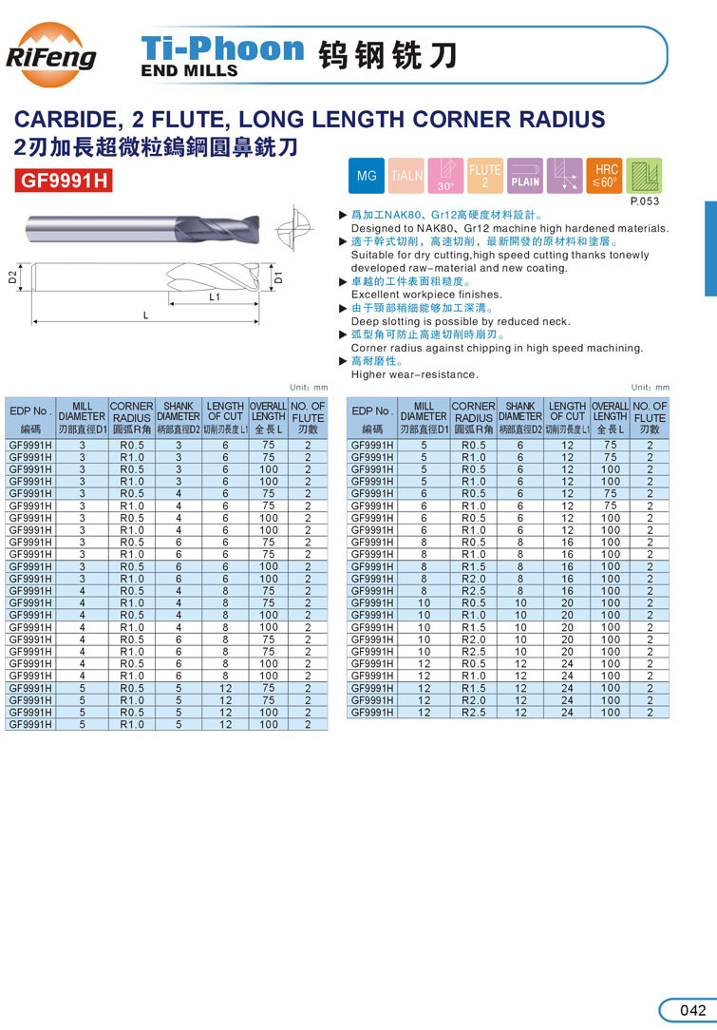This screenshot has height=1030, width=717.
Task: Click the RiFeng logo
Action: (x=51, y=54)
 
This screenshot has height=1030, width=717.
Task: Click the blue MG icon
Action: (x=367, y=177)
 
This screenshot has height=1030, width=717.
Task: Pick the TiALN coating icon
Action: (x=407, y=177)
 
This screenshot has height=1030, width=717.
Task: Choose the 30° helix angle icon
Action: (x=445, y=177)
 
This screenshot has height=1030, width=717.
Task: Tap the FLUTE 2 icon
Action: (x=485, y=177)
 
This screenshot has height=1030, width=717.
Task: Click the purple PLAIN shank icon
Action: (x=525, y=177)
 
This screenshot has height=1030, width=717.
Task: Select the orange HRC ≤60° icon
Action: (x=604, y=177)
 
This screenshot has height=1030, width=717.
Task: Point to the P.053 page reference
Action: (x=646, y=201)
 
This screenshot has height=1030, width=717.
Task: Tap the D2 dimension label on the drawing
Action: (x=13, y=277)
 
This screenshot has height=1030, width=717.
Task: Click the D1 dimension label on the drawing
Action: (x=278, y=278)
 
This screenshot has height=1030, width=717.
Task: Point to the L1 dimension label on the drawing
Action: (x=215, y=296)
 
